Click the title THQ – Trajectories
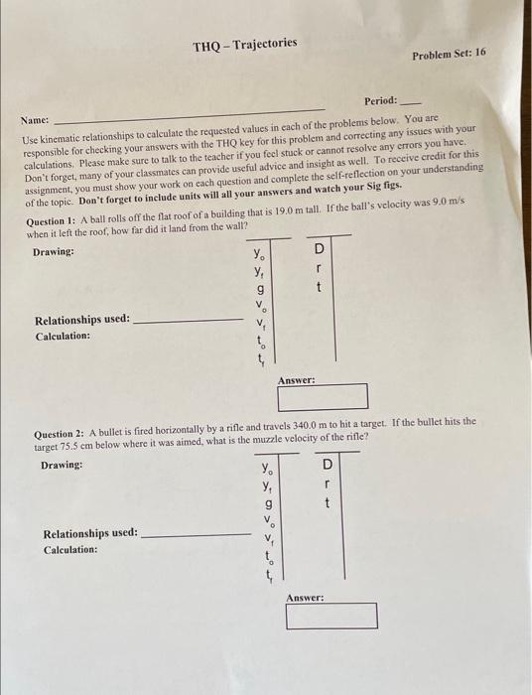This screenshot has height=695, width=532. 244,45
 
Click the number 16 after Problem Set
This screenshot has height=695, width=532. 480,52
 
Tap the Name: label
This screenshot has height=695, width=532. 37,118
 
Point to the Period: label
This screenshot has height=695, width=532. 380,100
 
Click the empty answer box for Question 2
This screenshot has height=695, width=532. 332,616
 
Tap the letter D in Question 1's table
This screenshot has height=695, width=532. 320,248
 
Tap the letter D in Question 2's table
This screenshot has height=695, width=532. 328,465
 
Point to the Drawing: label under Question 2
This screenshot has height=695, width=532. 61,466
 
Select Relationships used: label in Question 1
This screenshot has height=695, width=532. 82,320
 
